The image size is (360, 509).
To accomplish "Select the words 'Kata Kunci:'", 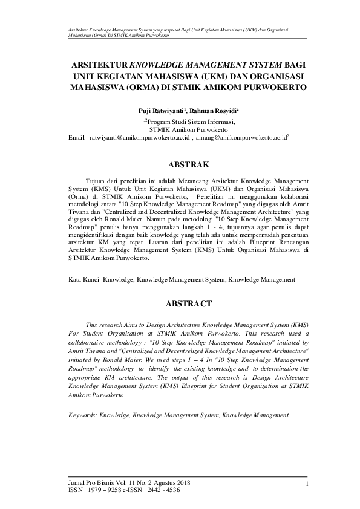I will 84,280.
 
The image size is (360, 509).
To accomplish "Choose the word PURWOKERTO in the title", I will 272,87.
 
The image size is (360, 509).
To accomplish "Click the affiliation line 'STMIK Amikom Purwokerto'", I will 189,129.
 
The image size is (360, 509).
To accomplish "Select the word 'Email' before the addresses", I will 78,138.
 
